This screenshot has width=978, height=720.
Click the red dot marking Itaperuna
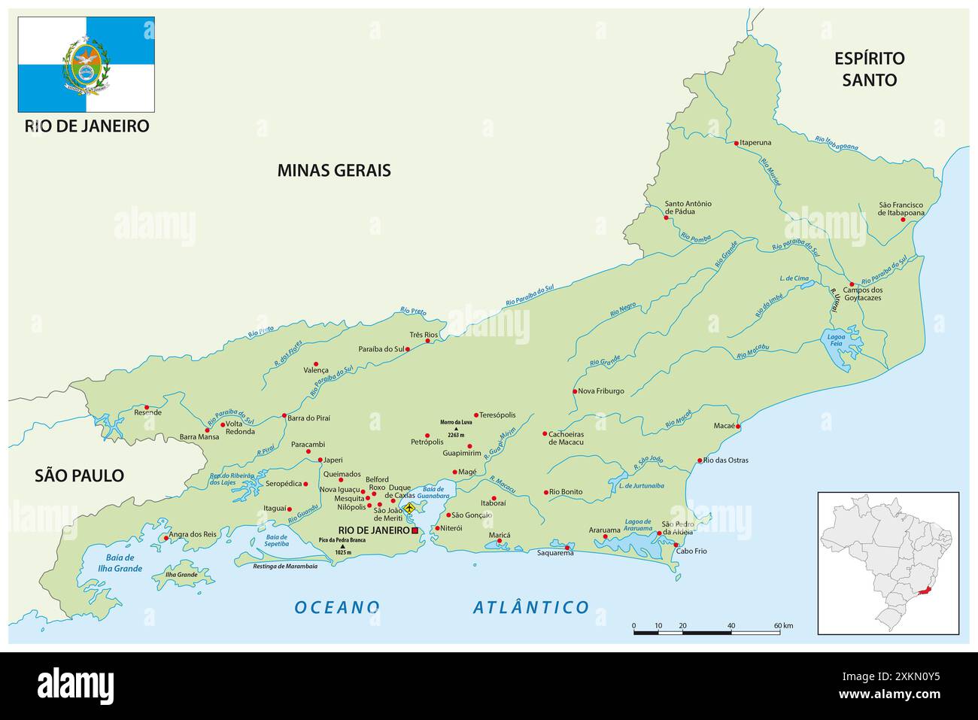736,142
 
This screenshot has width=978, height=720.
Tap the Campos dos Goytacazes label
862,293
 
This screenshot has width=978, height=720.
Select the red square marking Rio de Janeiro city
415,530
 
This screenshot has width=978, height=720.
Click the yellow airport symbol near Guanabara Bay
409,509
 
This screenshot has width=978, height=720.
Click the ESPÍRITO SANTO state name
869,68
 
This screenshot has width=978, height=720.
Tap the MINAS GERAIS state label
334,170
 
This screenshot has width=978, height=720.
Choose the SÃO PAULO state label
79,475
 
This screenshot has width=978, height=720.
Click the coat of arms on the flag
86,65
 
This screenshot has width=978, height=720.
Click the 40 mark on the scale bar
730,625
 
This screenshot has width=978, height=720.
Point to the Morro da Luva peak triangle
455,429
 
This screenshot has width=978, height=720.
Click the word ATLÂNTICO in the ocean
531,607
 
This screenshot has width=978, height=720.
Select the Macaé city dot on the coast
738,427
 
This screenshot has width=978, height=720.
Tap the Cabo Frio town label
691,551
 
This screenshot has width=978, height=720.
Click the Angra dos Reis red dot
166,538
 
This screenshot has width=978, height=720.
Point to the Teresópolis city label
497,415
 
